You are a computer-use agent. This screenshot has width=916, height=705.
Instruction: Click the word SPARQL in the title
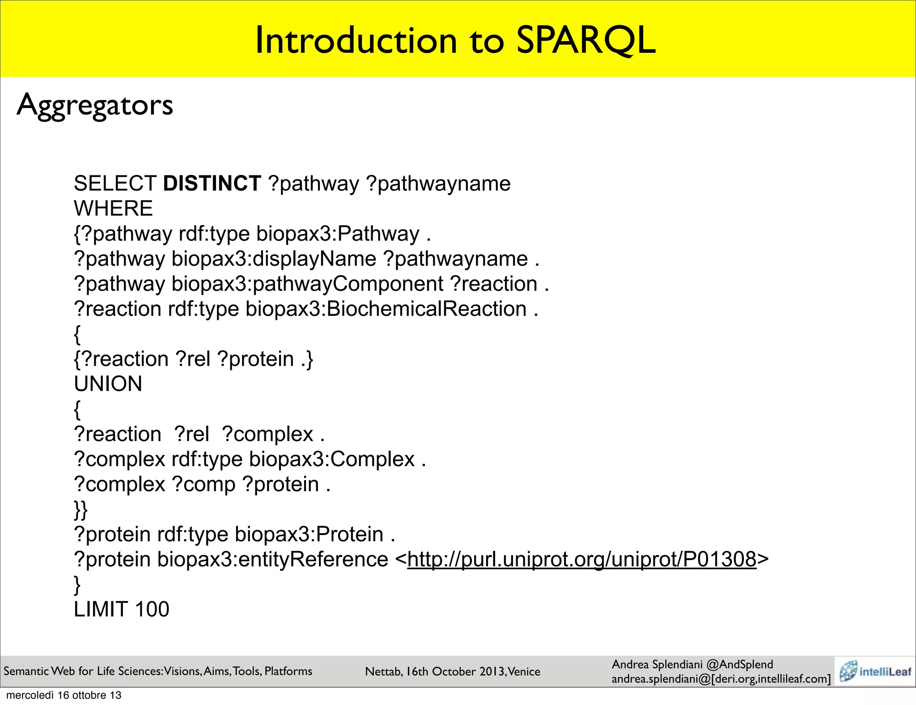pyautogui.click(x=585, y=41)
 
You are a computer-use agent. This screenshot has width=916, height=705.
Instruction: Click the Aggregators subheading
pyautogui.click(x=95, y=106)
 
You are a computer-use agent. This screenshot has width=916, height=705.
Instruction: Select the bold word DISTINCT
pyautogui.click(x=212, y=184)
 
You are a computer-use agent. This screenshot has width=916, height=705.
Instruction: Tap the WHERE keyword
pyautogui.click(x=113, y=209)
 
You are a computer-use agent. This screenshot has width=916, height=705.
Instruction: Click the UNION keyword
pyautogui.click(x=108, y=384)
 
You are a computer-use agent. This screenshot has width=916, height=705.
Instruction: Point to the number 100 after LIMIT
pyautogui.click(x=152, y=610)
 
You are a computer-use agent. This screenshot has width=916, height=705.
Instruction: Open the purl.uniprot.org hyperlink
pyautogui.click(x=581, y=560)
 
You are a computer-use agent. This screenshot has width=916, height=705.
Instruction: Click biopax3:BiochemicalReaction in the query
pyautogui.click(x=386, y=309)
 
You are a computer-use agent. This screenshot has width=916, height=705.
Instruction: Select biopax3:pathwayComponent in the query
pyautogui.click(x=307, y=284)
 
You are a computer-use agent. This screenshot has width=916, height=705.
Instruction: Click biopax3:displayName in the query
pyautogui.click(x=274, y=259)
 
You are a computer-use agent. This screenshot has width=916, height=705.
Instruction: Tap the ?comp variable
pyautogui.click(x=204, y=484)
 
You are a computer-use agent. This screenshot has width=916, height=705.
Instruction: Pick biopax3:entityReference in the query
pyautogui.click(x=272, y=560)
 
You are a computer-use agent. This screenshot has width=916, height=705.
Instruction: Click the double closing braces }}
pyautogui.click(x=81, y=510)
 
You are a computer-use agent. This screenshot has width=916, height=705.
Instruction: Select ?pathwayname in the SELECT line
pyautogui.click(x=438, y=184)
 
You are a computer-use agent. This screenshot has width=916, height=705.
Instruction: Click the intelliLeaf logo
pyautogui.click(x=875, y=671)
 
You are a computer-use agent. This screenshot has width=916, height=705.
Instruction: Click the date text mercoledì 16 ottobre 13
pyautogui.click(x=64, y=695)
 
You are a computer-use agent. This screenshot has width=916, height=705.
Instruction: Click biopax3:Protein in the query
pyautogui.click(x=309, y=535)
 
